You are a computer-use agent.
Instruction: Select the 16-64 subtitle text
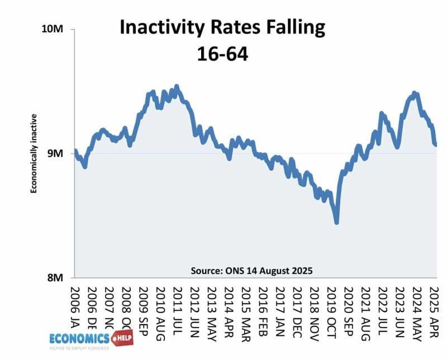point(222,54)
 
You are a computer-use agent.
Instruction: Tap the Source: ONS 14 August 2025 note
point(252,270)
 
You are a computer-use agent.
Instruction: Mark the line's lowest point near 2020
point(337,223)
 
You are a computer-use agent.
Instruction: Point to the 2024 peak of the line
point(414,93)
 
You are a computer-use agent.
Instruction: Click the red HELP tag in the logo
point(123,337)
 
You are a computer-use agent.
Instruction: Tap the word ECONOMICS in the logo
point(79,338)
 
